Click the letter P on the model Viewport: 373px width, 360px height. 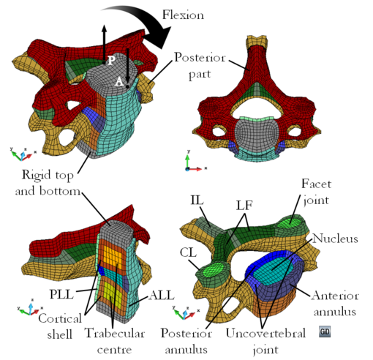tap(111, 59)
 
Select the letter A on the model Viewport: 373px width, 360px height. tap(119, 83)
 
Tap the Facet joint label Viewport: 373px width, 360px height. tap(317, 192)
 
